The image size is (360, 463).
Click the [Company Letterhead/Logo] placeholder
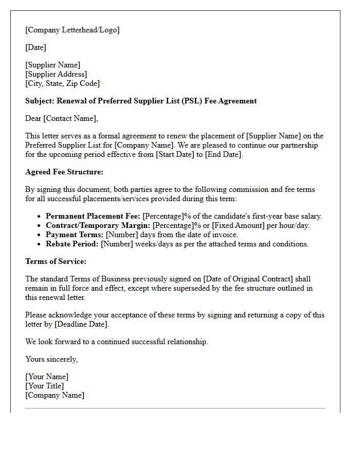[x=72, y=30]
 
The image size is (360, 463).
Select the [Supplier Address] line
[x=56, y=74]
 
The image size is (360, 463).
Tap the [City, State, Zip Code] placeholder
[x=62, y=83]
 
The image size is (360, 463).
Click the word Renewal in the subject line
[x=71, y=101]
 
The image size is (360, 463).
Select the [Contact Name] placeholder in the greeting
[x=69, y=118]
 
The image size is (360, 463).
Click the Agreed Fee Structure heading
[x=64, y=172]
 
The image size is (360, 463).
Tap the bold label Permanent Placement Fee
[x=93, y=216]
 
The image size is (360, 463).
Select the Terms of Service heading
[x=56, y=261]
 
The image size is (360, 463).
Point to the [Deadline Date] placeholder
[x=81, y=324]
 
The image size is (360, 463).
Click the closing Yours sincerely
[x=51, y=359]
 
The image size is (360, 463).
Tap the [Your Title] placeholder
[x=45, y=386]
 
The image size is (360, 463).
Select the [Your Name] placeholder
[x=47, y=377]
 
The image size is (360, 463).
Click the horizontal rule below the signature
[x=175, y=408]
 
